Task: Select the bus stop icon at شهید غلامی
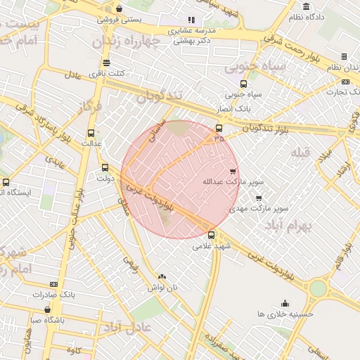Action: pyautogui.click(x=212, y=235)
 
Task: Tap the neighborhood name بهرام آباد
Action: pyautogui.click(x=289, y=226)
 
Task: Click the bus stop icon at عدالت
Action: pyautogui.click(x=91, y=132)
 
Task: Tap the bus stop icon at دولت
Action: pyautogui.click(x=105, y=167)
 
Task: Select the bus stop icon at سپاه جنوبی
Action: pyautogui.click(x=243, y=83)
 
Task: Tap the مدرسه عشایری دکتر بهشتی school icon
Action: pyautogui.click(x=191, y=20)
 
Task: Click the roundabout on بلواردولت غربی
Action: pyautogui.click(x=318, y=288)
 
